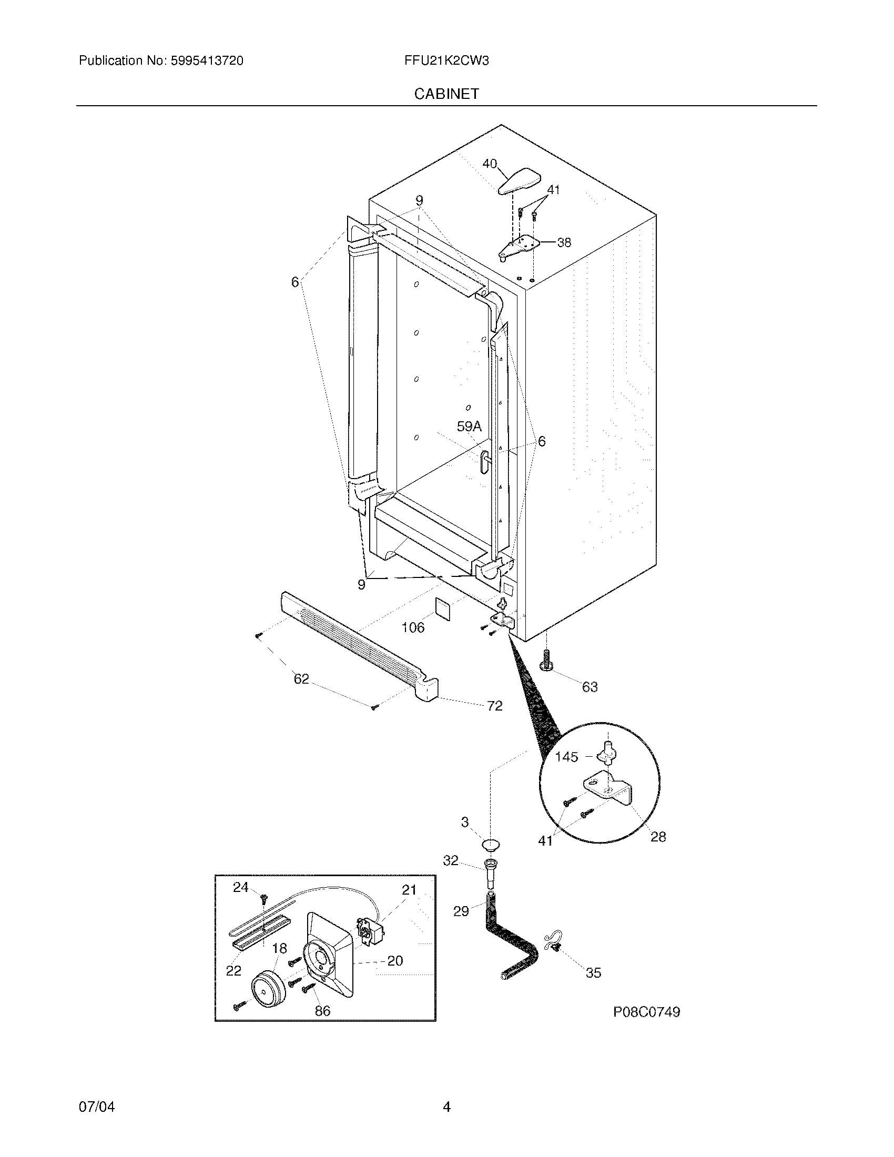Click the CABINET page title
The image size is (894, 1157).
pyautogui.click(x=446, y=94)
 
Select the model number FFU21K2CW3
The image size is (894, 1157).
pyautogui.click(x=446, y=60)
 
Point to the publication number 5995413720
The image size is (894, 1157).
pyautogui.click(x=207, y=60)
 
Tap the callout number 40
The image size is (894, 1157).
pyautogui.click(x=490, y=164)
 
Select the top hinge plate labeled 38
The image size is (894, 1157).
pyautogui.click(x=522, y=246)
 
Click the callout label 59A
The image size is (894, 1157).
pyautogui.click(x=469, y=426)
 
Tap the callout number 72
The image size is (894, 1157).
pyautogui.click(x=495, y=706)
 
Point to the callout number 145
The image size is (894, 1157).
pyautogui.click(x=566, y=757)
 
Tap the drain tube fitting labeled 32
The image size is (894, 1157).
pyautogui.click(x=490, y=875)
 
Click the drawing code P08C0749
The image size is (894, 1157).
pyautogui.click(x=646, y=1012)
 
